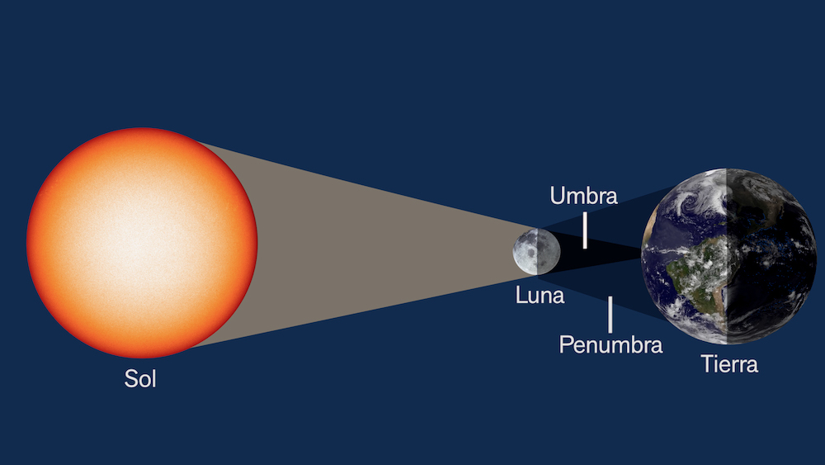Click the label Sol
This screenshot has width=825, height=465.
pos(140,379)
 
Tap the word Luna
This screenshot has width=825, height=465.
pos(540,296)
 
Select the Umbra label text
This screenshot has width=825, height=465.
pos(583,196)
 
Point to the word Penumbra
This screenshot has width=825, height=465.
pos(610,344)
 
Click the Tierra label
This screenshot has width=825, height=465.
pos(729,363)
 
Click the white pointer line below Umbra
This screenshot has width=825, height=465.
pos(585,230)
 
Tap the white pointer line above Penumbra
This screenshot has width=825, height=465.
pos(610,314)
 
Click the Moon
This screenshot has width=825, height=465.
pos(530,251)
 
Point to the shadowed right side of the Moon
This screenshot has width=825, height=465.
pos(542,252)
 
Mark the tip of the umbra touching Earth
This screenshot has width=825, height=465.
pos(643,257)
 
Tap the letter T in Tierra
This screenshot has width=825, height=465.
pos(707,363)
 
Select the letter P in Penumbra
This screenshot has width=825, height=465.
pos(565,344)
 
